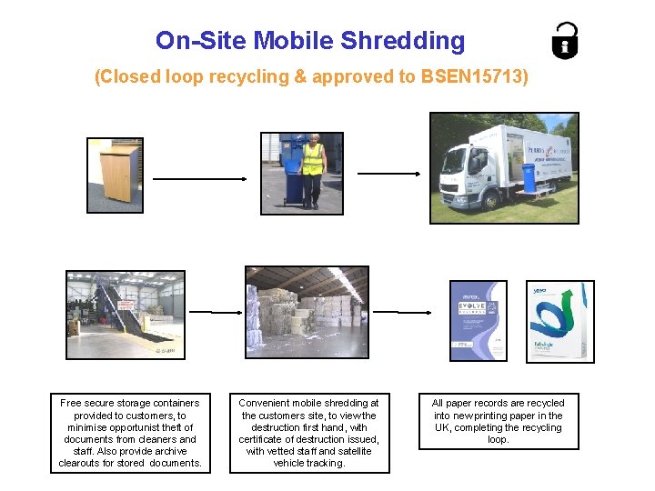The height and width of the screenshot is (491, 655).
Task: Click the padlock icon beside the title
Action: (566, 40)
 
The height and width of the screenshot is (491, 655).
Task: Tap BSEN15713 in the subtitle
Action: (474, 77)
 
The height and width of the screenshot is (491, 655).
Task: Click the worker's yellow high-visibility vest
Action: (313, 159)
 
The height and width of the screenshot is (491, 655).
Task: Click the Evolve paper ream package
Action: (479, 321)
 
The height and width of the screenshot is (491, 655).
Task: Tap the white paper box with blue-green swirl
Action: (560, 322)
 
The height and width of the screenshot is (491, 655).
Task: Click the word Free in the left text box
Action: (71, 403)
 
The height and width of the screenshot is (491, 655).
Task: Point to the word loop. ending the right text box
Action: (498, 439)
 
